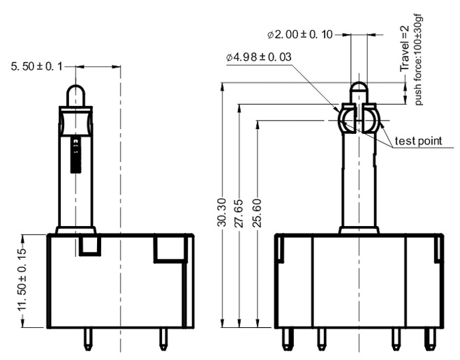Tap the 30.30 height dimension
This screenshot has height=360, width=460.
point(222,206)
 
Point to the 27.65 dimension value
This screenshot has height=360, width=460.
point(239,217)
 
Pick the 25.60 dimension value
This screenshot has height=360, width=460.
point(258,224)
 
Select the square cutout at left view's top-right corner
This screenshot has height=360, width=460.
point(170,248)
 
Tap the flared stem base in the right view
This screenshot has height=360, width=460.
point(359,230)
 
